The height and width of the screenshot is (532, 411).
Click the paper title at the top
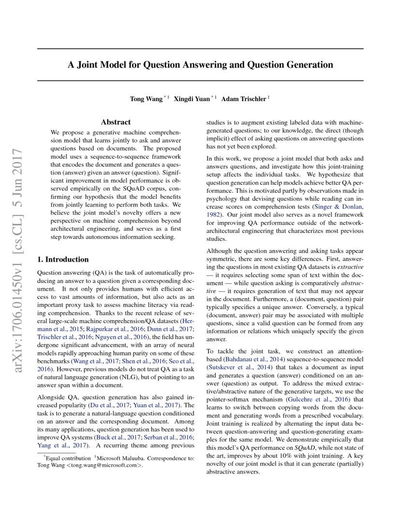point(200,65)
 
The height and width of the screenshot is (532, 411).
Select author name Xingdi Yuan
point(192,99)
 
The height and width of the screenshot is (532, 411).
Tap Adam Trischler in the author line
point(244,99)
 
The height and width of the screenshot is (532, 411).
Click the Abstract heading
point(116,122)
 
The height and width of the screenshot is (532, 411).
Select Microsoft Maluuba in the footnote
point(120,458)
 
